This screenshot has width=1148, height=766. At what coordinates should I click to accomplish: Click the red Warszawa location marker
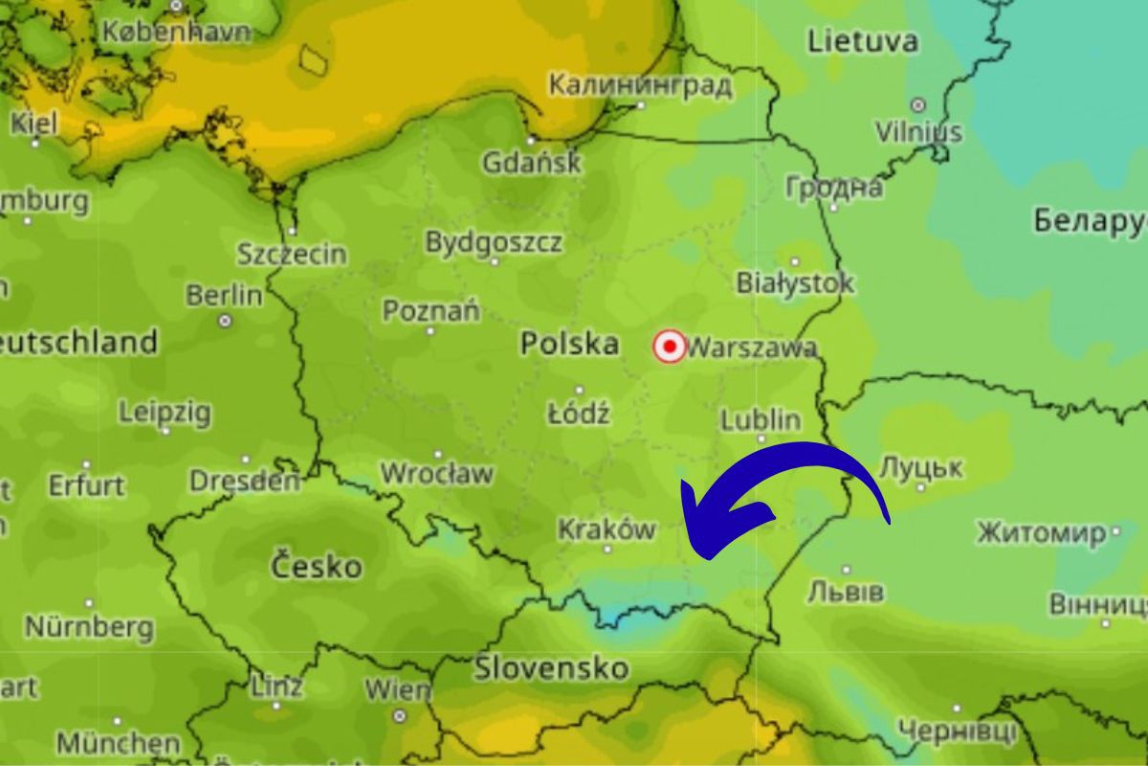670,346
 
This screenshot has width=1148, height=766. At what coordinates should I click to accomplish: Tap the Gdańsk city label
531,162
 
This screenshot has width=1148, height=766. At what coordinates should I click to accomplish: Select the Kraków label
607,529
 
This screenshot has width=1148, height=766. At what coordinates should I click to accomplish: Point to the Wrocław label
437,473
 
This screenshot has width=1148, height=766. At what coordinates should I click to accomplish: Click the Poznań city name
430,311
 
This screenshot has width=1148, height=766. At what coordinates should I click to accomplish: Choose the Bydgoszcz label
494,242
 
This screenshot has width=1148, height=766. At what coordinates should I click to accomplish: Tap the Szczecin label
292,254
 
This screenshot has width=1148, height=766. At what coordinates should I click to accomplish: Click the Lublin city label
761,419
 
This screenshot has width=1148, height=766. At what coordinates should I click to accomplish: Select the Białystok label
795,283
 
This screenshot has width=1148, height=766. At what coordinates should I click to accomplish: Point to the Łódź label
578,415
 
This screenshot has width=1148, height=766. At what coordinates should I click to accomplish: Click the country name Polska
569,344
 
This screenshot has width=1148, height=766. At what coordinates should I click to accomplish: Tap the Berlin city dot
225,321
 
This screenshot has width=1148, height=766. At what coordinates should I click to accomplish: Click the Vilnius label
918,130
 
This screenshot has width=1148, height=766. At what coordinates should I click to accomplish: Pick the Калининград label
640,85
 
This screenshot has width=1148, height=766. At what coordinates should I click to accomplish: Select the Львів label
846,592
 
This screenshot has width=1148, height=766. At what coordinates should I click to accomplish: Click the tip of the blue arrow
683,484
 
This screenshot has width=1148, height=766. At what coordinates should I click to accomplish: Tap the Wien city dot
399,715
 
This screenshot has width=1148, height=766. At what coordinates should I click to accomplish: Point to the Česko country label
317,566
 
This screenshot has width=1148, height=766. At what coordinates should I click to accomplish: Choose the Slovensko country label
552,667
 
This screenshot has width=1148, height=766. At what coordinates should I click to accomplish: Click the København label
176,31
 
